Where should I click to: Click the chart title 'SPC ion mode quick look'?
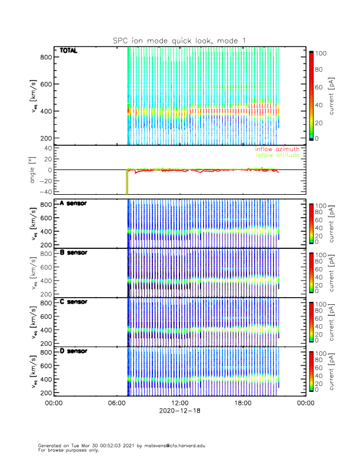click(x=171, y=40)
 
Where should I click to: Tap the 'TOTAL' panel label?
click(x=69, y=51)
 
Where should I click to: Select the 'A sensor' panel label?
click(x=73, y=204)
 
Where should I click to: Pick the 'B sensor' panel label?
click(x=73, y=252)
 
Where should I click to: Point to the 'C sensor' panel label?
click(x=73, y=302)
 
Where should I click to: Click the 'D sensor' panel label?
click(x=73, y=351)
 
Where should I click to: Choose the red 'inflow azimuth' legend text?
click(x=278, y=150)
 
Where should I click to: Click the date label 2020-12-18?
click(x=179, y=411)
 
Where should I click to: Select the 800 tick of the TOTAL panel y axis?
click(x=46, y=57)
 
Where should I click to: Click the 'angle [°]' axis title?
click(x=34, y=169)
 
